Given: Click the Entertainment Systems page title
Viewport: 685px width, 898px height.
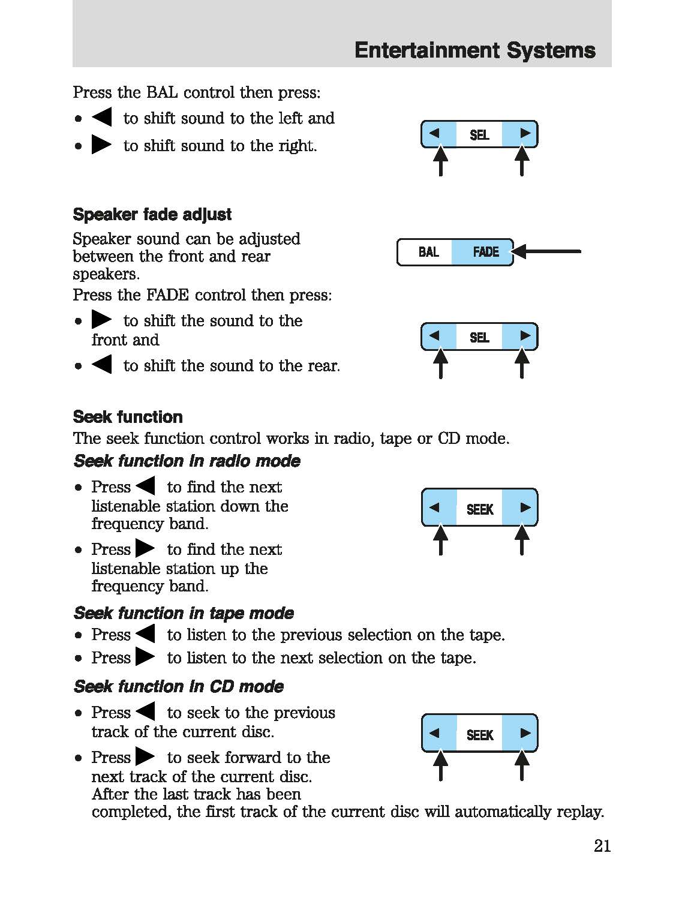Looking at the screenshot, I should (x=474, y=50).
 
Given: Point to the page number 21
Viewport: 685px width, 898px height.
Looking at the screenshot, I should (x=602, y=846).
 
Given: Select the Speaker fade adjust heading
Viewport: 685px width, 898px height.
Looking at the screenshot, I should (x=152, y=215).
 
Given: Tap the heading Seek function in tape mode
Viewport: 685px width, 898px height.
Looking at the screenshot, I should (x=184, y=613).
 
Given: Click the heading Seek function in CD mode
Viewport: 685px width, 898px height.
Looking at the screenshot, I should (x=179, y=686).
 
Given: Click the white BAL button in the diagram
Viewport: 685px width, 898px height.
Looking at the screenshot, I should (x=428, y=252).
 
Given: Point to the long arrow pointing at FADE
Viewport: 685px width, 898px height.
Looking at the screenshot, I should (x=547, y=251).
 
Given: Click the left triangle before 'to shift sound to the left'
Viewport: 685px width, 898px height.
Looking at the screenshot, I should (x=102, y=117).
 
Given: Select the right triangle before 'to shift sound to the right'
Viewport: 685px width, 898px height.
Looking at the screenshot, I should (x=101, y=145).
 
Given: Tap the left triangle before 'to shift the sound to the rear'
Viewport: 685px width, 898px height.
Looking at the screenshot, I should (x=102, y=364).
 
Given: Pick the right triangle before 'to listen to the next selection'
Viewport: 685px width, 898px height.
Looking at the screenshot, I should (x=145, y=657).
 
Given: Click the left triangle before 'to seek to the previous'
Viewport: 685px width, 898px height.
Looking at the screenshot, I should (x=145, y=711).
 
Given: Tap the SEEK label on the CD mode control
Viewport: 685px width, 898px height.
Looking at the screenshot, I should (x=480, y=735).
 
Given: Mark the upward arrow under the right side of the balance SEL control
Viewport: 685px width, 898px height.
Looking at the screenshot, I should (x=522, y=161).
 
